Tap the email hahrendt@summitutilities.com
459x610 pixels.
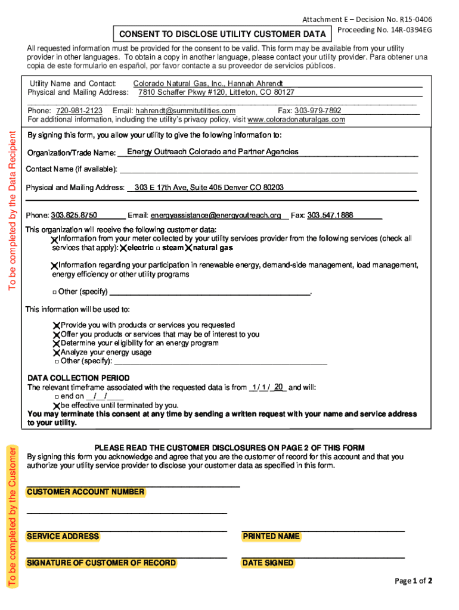[185, 111]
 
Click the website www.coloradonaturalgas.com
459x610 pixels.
[296, 120]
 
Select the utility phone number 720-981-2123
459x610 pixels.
[79, 111]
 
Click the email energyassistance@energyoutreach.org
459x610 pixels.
[216, 215]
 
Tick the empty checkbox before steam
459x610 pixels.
[158, 248]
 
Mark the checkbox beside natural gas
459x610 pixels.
[189, 248]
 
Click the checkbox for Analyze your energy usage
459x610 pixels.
[57, 353]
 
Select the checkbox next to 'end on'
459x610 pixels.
[55, 396]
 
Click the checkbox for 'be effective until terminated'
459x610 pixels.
[57, 405]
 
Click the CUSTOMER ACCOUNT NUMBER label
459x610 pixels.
[85, 492]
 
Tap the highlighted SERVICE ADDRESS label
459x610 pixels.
[63, 537]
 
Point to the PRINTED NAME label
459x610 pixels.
[271, 537]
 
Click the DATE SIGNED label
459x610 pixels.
[268, 563]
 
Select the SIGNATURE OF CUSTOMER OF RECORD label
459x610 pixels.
[101, 563]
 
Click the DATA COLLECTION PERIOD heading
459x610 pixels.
[79, 378]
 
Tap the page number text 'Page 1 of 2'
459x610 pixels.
[414, 581]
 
